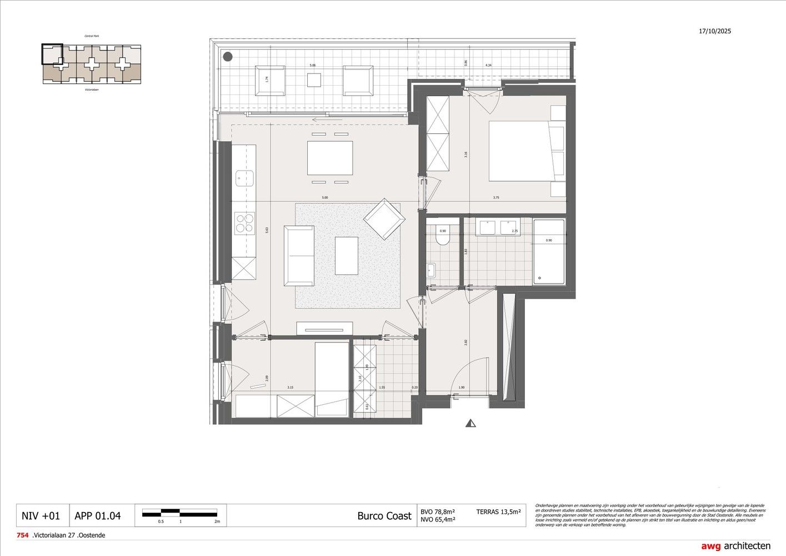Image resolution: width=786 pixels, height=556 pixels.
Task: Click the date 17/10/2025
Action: coord(715,31)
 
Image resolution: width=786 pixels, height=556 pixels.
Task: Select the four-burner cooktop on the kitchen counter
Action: coord(243,223)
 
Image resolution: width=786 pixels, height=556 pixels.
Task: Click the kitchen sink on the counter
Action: coord(244,178)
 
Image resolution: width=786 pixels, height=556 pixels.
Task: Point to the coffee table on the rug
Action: coord(346,255)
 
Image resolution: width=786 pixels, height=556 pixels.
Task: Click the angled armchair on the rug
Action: coord(382,219)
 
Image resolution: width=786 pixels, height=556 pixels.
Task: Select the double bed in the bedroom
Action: coord(525,151)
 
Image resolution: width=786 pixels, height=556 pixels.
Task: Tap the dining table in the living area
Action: coord(330,158)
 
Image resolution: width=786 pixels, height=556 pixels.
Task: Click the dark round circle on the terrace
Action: coord(227,56)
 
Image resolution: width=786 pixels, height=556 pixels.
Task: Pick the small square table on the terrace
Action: coord(314,81)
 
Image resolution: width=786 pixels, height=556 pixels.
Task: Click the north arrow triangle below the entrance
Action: coord(471,424)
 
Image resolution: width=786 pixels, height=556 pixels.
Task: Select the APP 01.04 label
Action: coord(97,516)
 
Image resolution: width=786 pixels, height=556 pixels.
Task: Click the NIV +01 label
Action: coord(41,516)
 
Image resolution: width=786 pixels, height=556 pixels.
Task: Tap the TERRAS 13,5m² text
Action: coord(498,512)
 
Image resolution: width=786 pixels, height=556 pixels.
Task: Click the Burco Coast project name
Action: coord(384,516)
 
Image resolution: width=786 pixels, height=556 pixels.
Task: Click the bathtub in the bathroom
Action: coord(549,252)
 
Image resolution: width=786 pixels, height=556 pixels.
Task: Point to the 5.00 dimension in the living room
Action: coord(324,197)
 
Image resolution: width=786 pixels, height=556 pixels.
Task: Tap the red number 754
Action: coord(23,535)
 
